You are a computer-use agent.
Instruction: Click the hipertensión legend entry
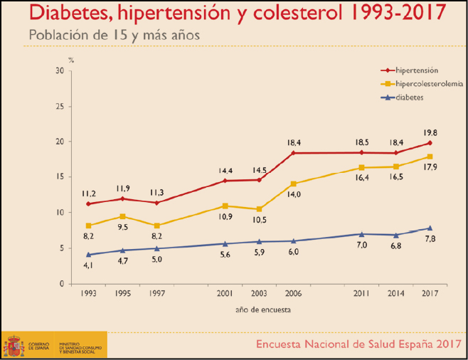pyautogui.click(x=415, y=70)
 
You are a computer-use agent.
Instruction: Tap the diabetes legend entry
pyautogui.click(x=410, y=97)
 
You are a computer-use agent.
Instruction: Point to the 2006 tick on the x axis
pyautogui.click(x=292, y=292)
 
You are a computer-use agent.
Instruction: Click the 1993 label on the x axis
pyautogui.click(x=88, y=292)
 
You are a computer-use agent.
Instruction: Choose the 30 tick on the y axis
pyautogui.click(x=59, y=70)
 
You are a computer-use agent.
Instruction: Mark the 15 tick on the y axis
pyautogui.click(x=59, y=177)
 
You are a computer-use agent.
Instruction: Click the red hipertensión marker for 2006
pyautogui.click(x=292, y=153)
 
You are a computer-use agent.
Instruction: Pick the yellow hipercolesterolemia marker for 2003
pyautogui.click(x=259, y=209)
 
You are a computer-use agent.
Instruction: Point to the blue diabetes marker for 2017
pyautogui.click(x=430, y=228)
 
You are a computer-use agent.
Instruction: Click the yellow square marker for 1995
pyautogui.click(x=122, y=216)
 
